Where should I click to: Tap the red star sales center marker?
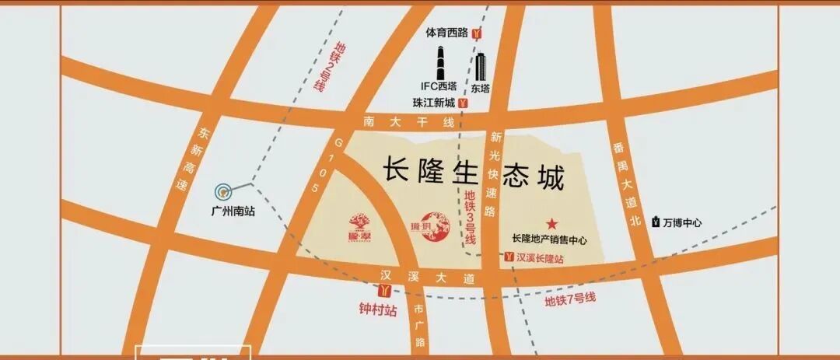click(x=552, y=223)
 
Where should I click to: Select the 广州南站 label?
click(x=233, y=211)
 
